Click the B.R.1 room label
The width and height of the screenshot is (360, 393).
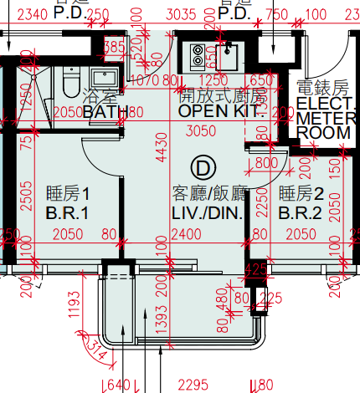point(67,213)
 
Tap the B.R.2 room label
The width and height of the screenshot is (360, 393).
point(299,213)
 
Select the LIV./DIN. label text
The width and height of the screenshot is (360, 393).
point(208,213)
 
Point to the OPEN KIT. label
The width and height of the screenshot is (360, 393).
point(221,110)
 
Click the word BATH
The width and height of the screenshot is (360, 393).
point(105,111)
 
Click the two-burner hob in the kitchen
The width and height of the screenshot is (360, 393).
point(198,55)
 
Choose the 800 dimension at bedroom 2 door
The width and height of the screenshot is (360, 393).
point(266,162)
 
